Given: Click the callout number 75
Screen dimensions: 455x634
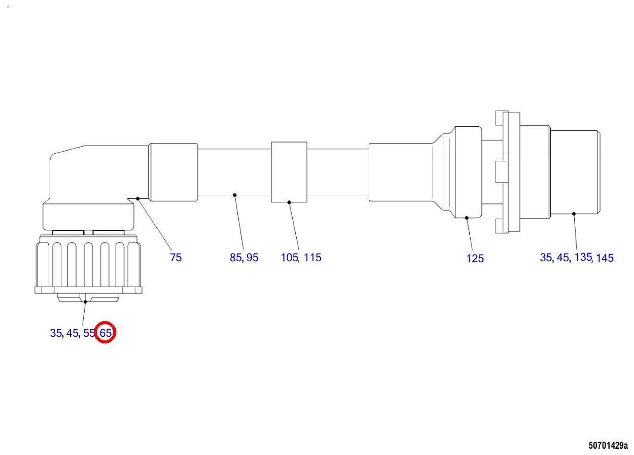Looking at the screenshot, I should coord(175,258).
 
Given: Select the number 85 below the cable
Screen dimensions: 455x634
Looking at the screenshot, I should coord(236,258).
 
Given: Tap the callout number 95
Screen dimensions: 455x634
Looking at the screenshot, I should coord(252,258).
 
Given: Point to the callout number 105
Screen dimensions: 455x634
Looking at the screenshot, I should coord(290,258).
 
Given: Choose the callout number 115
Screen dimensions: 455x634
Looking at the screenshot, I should coord(313,258).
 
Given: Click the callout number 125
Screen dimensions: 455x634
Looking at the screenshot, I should coord(475,259).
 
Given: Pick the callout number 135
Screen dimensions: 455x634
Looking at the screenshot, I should coord(583,257).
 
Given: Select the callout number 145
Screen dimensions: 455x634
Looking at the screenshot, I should coord(605,258).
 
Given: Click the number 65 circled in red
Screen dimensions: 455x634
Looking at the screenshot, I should coord(106,333).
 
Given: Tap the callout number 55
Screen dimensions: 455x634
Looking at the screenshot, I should coord(89,333).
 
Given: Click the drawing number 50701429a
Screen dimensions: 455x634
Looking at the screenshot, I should coord(608,446).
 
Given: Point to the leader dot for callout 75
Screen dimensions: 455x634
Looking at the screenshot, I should coord(137,198).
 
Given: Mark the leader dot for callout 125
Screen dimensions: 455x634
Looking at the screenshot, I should coord(467,218).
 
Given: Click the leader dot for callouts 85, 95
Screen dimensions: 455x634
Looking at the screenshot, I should coord(234,195).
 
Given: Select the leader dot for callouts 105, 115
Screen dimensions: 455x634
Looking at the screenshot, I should coord(289,202).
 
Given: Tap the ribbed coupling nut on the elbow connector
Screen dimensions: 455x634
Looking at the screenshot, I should coord(88,264).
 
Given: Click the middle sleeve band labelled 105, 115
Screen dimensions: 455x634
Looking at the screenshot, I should coord(289,172).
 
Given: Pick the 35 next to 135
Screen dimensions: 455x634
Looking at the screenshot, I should coord(546,258).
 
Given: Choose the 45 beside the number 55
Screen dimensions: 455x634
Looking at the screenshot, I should coord(72,333).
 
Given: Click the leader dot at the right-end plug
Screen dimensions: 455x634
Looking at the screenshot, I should coord(574,214).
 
